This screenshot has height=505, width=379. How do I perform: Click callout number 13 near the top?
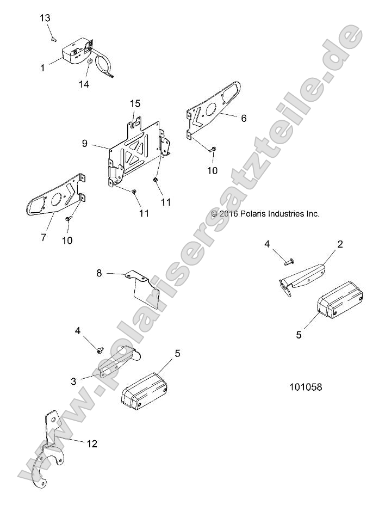point(45,19)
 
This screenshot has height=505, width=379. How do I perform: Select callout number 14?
point(83,84)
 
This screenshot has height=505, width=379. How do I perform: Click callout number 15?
point(135,103)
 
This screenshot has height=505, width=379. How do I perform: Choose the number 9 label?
point(85,144)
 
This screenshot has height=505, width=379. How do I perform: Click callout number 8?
point(99,273)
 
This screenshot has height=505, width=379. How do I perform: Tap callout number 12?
point(92,444)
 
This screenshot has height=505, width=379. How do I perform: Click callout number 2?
point(340,244)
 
